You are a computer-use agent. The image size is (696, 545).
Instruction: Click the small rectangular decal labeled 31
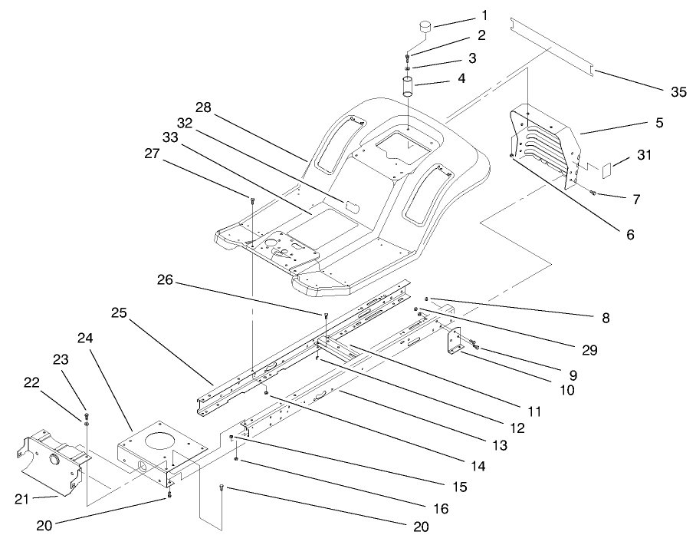point(606,165)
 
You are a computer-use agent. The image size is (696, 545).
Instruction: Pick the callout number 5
point(659,122)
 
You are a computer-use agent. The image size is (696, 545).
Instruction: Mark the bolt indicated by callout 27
point(252,201)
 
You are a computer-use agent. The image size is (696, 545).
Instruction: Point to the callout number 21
point(23,500)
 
